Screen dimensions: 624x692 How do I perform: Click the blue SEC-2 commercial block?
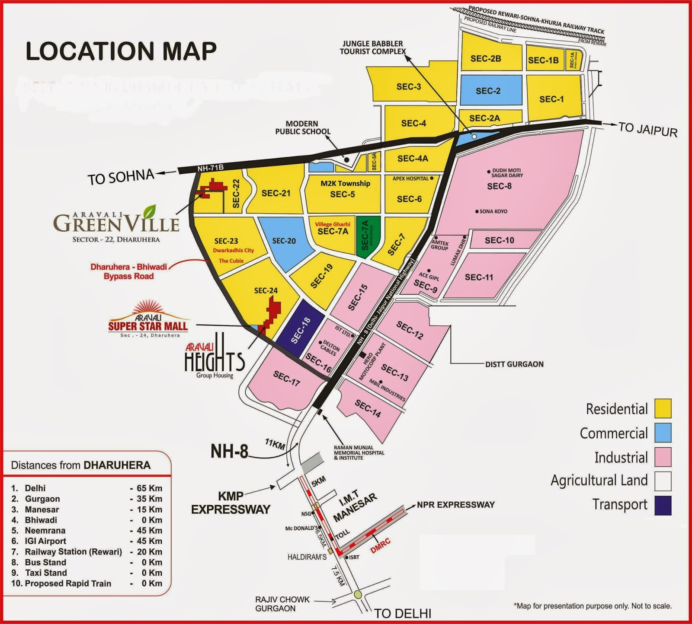point(491,90)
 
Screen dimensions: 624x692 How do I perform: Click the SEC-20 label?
point(284,241)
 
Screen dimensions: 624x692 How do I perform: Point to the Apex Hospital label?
point(410,178)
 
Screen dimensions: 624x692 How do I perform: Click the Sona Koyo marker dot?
point(477,212)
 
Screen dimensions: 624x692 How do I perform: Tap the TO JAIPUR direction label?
point(647,129)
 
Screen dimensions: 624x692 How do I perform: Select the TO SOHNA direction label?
point(121,177)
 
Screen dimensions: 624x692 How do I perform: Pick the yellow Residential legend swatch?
point(663,408)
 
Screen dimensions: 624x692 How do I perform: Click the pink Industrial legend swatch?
point(663,457)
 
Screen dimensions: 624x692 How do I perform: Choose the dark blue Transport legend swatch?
point(663,506)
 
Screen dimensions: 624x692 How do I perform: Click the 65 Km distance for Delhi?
point(149,488)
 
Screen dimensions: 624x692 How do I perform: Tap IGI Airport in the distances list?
point(45,541)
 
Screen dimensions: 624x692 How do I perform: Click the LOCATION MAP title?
point(121,51)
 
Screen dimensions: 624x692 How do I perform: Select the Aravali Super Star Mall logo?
point(148,322)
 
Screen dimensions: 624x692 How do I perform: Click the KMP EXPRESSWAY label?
point(231,503)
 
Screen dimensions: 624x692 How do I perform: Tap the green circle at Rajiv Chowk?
point(358,594)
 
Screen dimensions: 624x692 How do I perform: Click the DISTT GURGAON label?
point(514,364)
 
